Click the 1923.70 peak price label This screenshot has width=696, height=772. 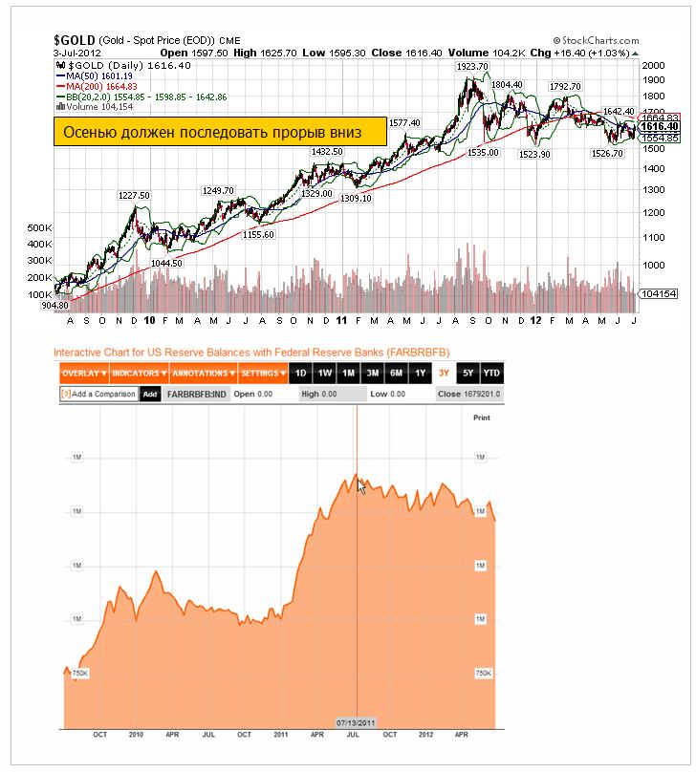coord(472,67)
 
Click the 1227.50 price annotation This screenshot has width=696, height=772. coord(134,195)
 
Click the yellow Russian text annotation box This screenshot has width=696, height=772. coord(219,133)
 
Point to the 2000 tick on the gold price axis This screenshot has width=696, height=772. coord(655,65)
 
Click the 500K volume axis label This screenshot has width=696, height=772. coord(39,229)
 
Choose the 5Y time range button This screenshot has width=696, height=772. coord(468,373)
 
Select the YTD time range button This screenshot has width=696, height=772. coord(491,373)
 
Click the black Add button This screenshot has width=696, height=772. coord(150,394)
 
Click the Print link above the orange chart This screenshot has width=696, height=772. coord(482,418)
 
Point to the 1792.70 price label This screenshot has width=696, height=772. coord(565,86)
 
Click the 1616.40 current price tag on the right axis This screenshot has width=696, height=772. coord(660,126)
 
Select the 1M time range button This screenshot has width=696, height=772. coord(348,373)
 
